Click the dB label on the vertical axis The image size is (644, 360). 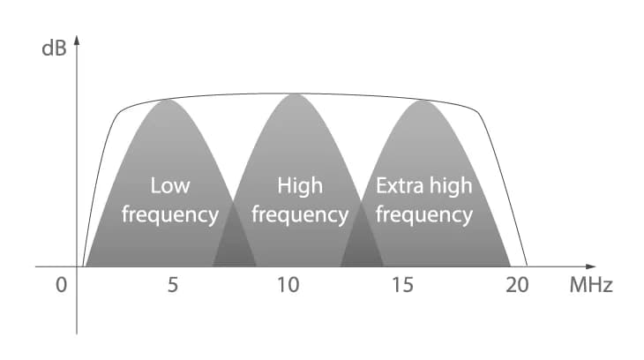coord(54,49)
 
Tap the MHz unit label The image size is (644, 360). coord(590,285)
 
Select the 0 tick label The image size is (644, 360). coord(61,285)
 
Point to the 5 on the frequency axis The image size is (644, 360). coord(173,285)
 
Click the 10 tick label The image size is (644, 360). coord(288,285)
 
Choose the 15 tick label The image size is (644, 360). coord(402,285)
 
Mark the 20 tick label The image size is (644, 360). coord(517,285)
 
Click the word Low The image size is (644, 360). coord(170,185)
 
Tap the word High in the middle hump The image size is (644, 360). coord(300,185)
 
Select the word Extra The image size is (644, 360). coord(400,185)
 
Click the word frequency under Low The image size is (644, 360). coord(170,215)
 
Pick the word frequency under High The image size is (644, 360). coord(300,215)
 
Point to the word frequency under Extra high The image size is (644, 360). coord(424,215)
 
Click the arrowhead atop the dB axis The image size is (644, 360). coord(77,41)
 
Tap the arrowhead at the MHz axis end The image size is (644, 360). coord(590,266)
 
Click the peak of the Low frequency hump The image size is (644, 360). coord(168,100)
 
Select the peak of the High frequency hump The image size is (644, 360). coord(296,94)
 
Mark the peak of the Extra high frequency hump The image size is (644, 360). coord(423,101)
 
